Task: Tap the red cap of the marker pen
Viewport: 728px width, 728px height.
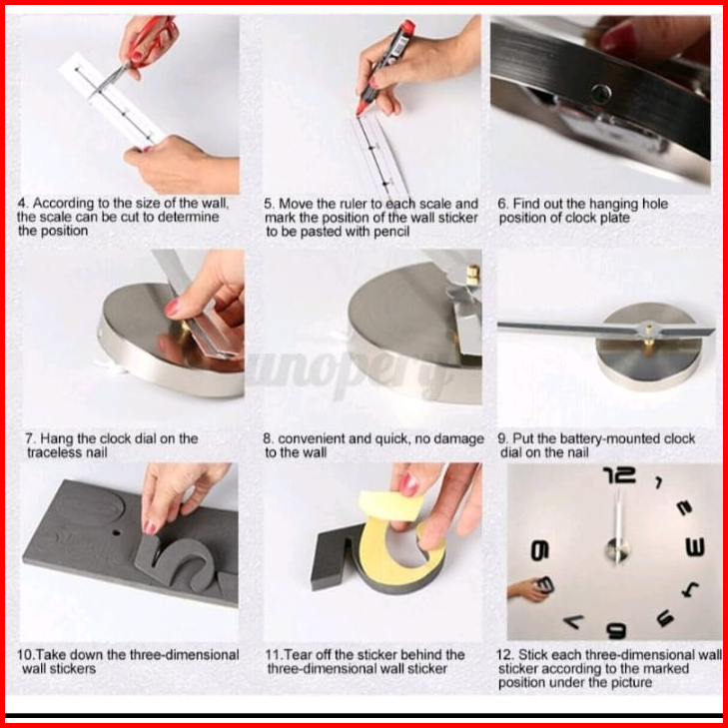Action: pyautogui.click(x=407, y=27)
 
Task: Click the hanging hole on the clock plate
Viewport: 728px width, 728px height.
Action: pyautogui.click(x=600, y=94)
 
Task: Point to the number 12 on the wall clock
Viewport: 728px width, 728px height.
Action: pyautogui.click(x=619, y=475)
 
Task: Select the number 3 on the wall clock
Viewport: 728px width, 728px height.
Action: pyautogui.click(x=695, y=547)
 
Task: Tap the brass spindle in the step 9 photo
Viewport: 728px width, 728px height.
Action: pyautogui.click(x=648, y=344)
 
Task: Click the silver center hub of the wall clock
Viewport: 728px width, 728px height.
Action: pyautogui.click(x=617, y=550)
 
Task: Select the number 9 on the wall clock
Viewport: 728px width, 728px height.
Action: pyautogui.click(x=539, y=550)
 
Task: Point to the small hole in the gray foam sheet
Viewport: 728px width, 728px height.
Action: pyautogui.click(x=116, y=532)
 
